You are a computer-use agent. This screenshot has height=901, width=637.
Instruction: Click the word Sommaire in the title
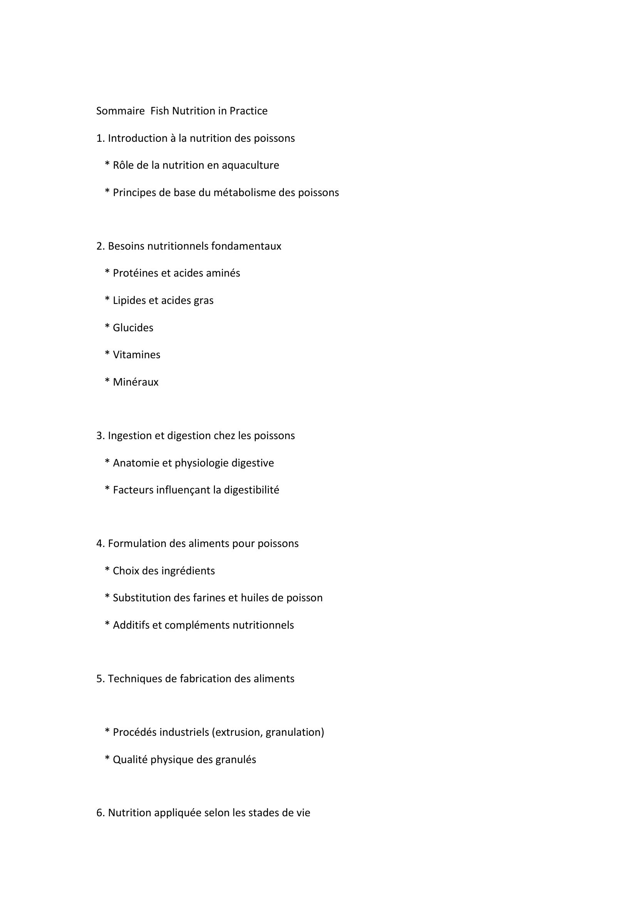click(121, 111)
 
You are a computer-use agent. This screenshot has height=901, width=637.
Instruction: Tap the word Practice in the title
click(248, 111)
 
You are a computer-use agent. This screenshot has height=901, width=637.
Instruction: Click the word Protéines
click(135, 273)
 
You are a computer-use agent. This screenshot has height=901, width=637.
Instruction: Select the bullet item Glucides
click(133, 328)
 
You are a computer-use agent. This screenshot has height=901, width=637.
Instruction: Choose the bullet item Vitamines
click(136, 355)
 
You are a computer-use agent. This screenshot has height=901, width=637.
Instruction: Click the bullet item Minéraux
click(136, 382)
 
